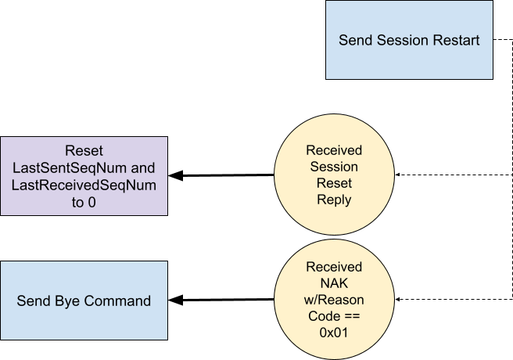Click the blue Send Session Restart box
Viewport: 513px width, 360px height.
point(409,40)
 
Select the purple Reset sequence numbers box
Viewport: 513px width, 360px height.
point(84,176)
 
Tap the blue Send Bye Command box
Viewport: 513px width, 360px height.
point(84,301)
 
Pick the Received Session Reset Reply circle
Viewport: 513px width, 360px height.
point(334,175)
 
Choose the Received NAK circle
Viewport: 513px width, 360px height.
point(334,300)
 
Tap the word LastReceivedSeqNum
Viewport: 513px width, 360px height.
point(84,185)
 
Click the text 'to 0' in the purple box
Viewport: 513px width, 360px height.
point(84,202)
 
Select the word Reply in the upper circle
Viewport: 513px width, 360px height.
point(334,200)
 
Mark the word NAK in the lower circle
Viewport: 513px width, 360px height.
point(334,284)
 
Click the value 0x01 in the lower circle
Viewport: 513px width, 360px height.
point(334,333)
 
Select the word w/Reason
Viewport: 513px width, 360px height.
point(334,301)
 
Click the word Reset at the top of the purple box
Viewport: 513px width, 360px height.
point(84,150)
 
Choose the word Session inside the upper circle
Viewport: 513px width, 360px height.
point(334,167)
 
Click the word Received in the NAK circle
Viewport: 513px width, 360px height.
point(334,268)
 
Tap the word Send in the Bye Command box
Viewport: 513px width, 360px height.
point(33,301)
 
